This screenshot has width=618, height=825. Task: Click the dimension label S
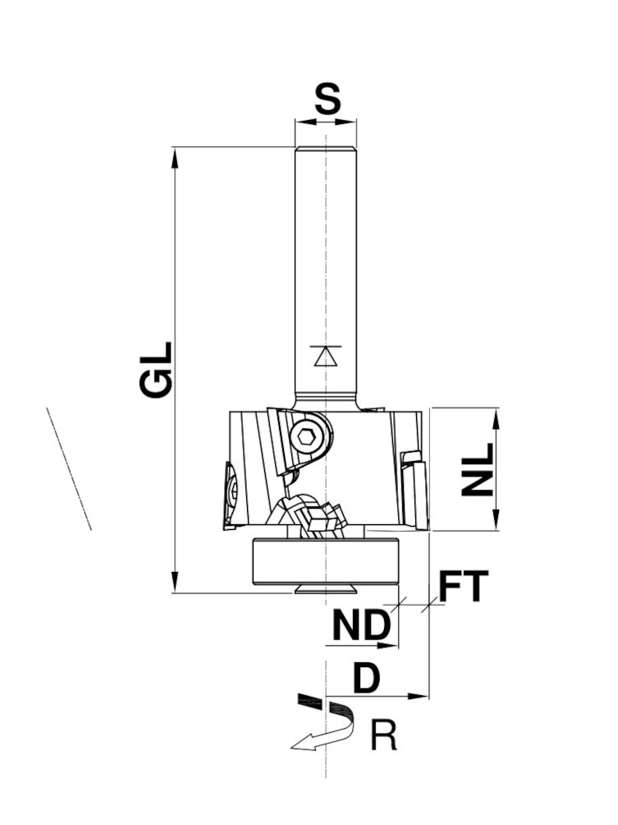point(327,100)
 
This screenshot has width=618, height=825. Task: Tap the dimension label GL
point(157,371)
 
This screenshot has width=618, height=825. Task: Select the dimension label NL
point(478,469)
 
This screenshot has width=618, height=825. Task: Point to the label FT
point(463,587)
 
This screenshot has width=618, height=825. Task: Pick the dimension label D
point(367,679)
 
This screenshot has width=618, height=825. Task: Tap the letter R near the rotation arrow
point(384,735)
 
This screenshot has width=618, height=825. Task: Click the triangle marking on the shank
point(326,356)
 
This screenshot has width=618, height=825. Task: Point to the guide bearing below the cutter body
point(326,562)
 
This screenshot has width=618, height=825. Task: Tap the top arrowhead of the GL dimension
point(174,156)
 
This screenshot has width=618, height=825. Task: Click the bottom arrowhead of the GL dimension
point(174,583)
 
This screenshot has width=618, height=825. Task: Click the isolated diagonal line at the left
point(69,468)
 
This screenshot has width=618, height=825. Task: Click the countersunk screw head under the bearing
point(326,589)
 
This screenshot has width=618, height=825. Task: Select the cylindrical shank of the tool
point(326,263)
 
